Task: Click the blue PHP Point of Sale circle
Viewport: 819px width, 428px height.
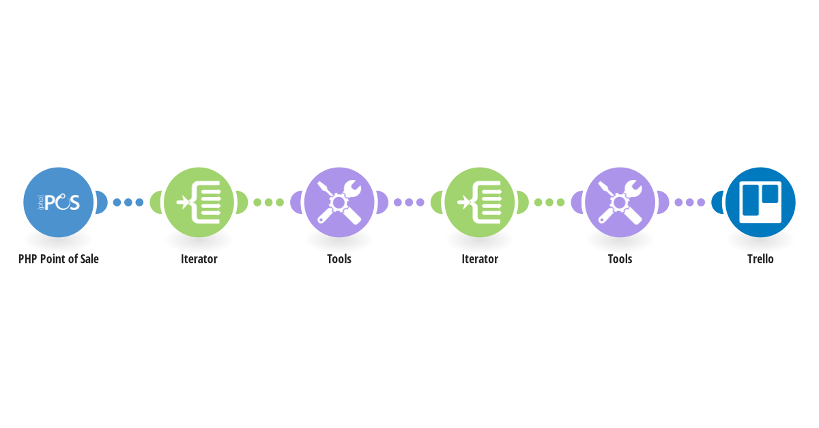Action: (59, 202)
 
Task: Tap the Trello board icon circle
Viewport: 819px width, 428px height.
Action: (760, 202)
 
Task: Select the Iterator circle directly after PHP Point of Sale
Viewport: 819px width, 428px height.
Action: (199, 202)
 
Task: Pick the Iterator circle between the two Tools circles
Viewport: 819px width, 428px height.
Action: (480, 202)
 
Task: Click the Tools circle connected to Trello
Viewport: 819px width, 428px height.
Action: (620, 202)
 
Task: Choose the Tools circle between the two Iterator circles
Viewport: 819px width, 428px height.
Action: (339, 202)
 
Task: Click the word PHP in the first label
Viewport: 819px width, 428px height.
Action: (28, 259)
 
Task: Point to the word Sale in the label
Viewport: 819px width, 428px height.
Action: (89, 259)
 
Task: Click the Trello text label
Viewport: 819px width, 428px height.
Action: (760, 259)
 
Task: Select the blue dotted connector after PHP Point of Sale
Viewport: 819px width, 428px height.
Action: (128, 202)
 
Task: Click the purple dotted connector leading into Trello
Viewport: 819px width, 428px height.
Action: (689, 202)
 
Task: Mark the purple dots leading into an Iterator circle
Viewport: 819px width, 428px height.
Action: (409, 202)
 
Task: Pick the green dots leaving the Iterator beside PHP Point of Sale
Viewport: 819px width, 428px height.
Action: (268, 202)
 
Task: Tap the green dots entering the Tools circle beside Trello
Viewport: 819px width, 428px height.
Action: (549, 202)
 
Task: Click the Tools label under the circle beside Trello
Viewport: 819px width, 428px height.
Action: (620, 259)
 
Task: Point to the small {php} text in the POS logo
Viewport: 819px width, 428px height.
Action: (41, 202)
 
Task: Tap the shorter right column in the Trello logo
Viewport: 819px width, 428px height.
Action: (770, 194)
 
